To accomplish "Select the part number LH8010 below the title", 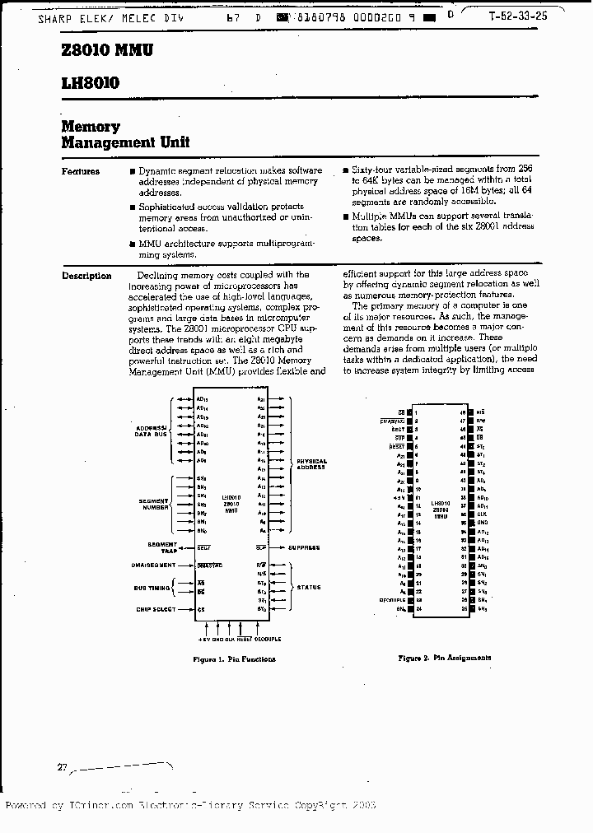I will pyautogui.click(x=91, y=83).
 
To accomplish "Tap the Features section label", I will pyautogui.click(x=81, y=172).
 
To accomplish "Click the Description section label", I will pyautogui.click(x=86, y=277).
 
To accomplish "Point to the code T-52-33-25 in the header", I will pyautogui.click(x=516, y=16).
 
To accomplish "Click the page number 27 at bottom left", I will pyautogui.click(x=62, y=766).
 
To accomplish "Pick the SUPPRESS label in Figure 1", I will pyautogui.click(x=303, y=548).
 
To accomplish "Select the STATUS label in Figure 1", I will pyautogui.click(x=310, y=588).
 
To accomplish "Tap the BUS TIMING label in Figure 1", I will pyautogui.click(x=152, y=588).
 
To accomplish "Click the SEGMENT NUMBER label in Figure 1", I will pyautogui.click(x=153, y=504).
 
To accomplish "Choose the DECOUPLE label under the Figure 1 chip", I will pyautogui.click(x=267, y=639).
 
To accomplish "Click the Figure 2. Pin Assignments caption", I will pyautogui.click(x=444, y=658).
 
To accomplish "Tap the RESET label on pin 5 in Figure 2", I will pyautogui.click(x=398, y=446).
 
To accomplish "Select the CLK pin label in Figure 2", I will pyautogui.click(x=481, y=514).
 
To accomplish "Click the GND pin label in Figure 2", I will pyautogui.click(x=482, y=522).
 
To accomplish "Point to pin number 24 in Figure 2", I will pyautogui.click(x=418, y=608).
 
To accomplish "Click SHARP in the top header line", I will pyautogui.click(x=54, y=17).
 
